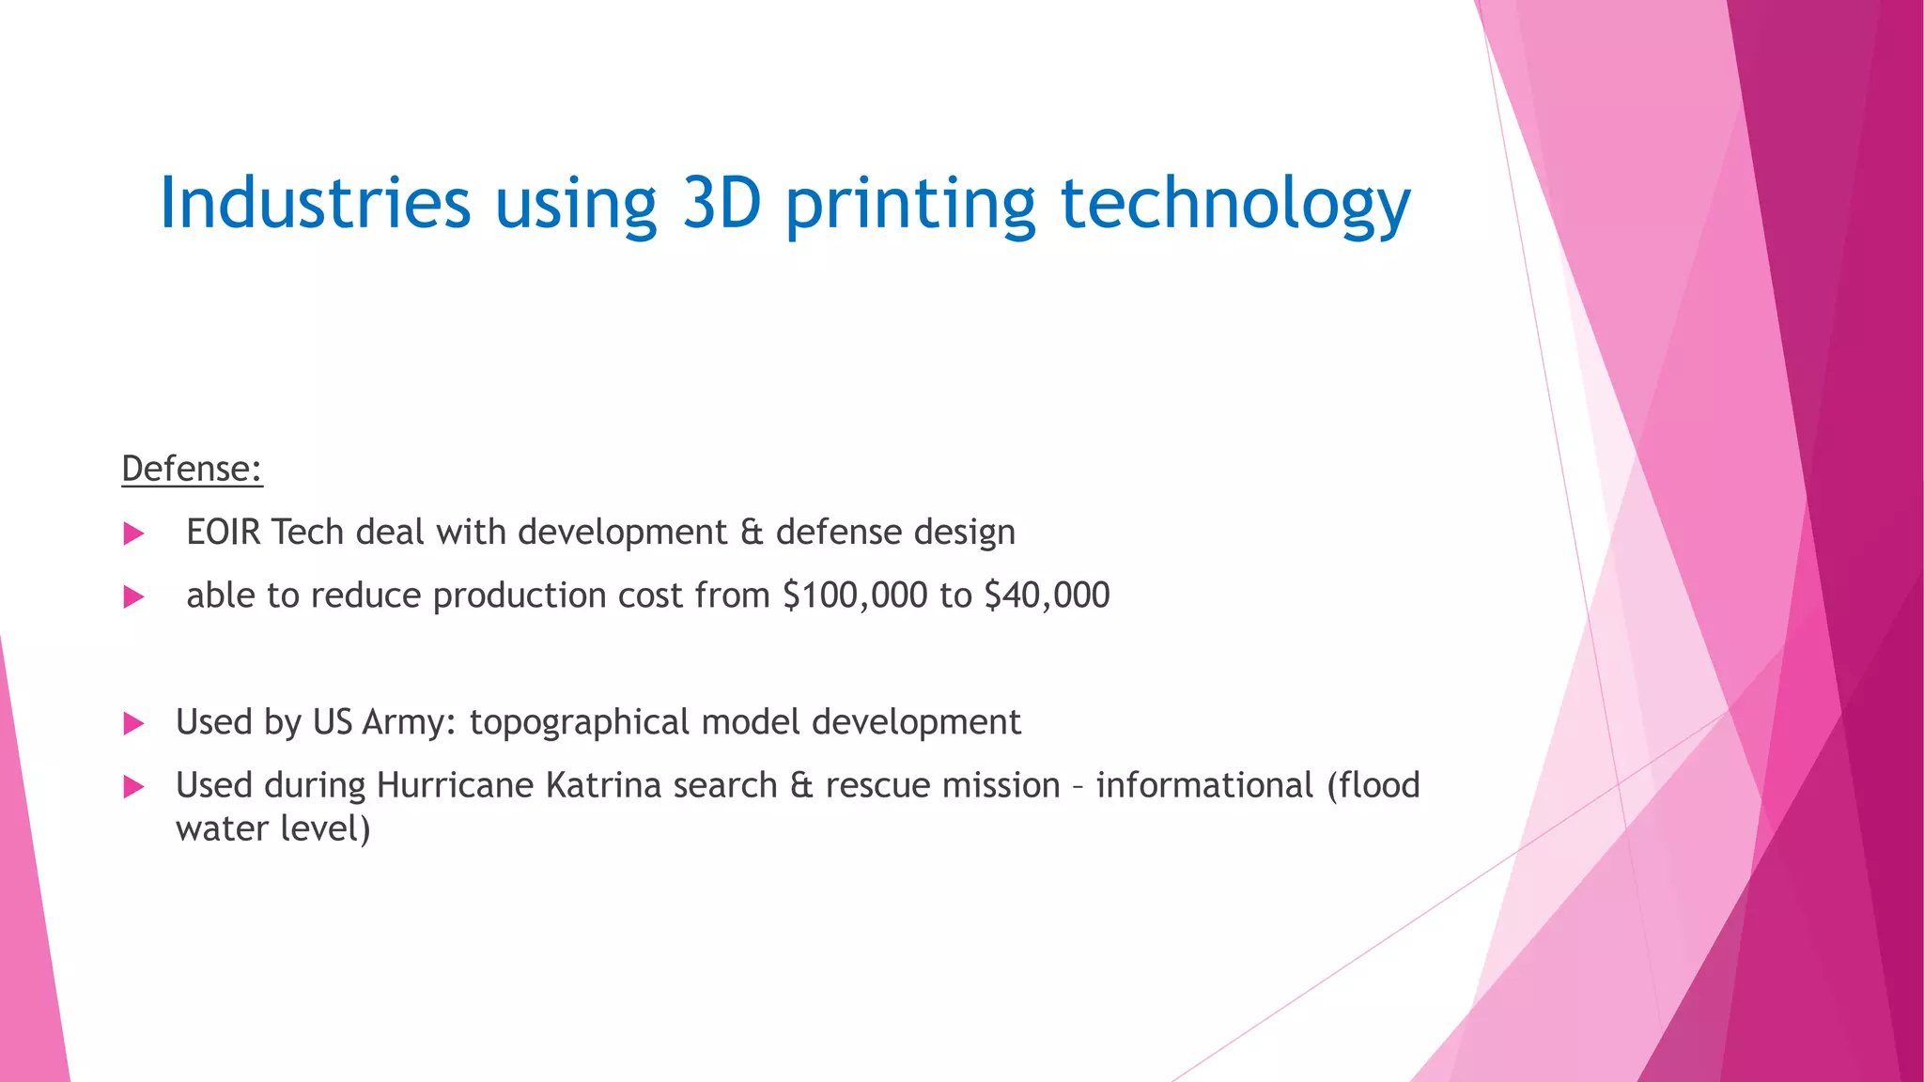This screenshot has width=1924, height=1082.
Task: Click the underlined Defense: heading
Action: [x=192, y=469]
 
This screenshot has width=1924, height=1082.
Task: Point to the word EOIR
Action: [x=224, y=533]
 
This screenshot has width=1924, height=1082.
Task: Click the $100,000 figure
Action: [x=855, y=595]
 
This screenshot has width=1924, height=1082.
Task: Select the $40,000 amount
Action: [x=1047, y=595]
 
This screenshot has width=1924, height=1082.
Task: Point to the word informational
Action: [x=1204, y=785]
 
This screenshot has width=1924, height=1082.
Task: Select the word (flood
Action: [x=1373, y=785]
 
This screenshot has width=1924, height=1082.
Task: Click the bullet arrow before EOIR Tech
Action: [x=133, y=534]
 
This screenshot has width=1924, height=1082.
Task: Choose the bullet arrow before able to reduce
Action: [x=133, y=597]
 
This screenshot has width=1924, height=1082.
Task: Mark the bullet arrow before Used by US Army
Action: [x=133, y=724]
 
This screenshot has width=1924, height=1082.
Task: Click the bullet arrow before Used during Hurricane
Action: [x=133, y=787]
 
